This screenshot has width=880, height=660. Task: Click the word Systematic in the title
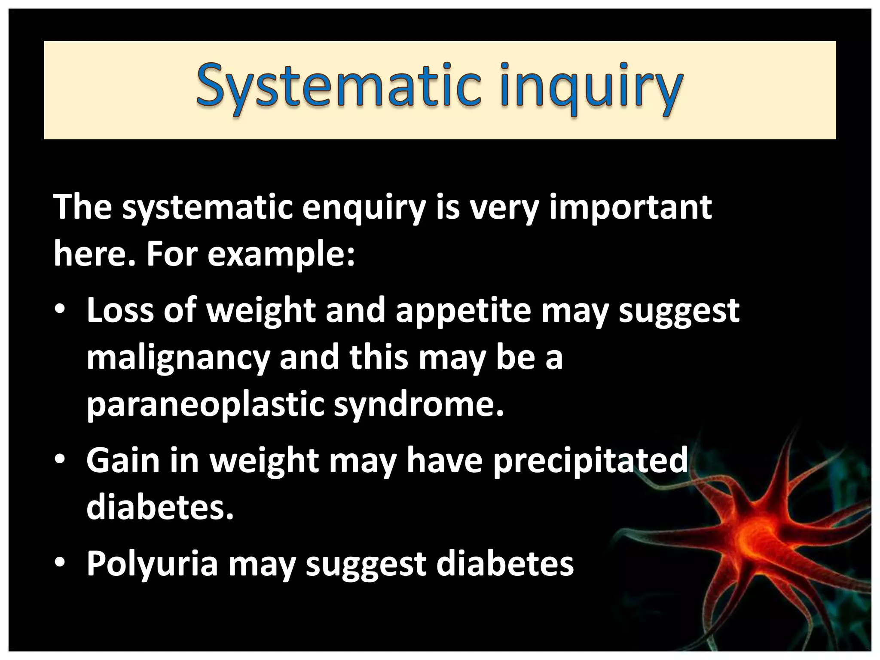click(338, 86)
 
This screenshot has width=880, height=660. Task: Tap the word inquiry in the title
click(591, 88)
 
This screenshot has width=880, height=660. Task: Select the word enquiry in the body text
click(364, 208)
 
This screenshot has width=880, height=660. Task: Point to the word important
click(630, 208)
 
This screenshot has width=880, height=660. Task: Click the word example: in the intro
click(281, 254)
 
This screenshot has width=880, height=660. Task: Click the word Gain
click(122, 460)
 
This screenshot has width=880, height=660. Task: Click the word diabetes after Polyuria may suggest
click(505, 563)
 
